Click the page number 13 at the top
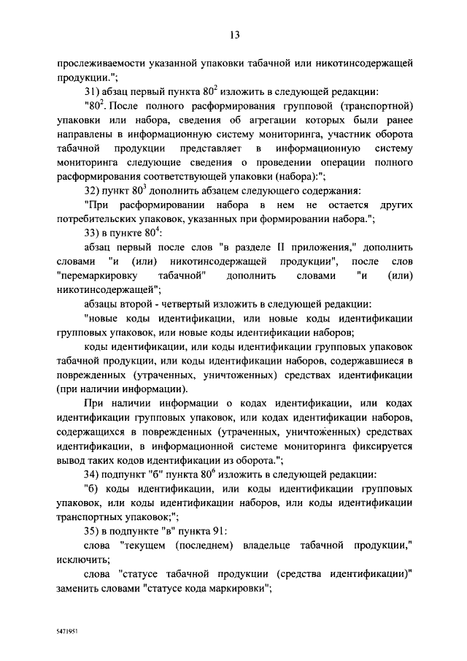(x=233, y=34)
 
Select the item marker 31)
(x=93, y=93)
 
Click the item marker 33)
(x=93, y=233)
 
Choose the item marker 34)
(x=93, y=475)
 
